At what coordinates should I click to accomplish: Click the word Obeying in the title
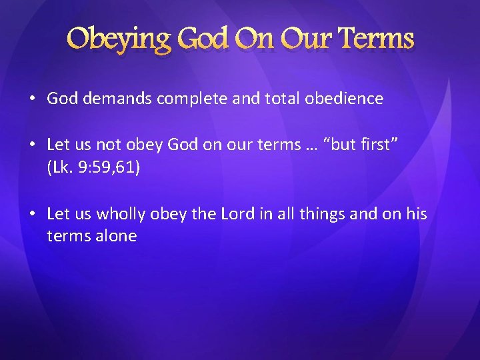coord(118,39)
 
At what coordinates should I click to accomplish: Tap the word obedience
coord(344,99)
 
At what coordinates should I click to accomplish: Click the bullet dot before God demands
coord(33,99)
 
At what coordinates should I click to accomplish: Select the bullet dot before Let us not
coord(33,145)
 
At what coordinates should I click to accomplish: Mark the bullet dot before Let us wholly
coord(33,214)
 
